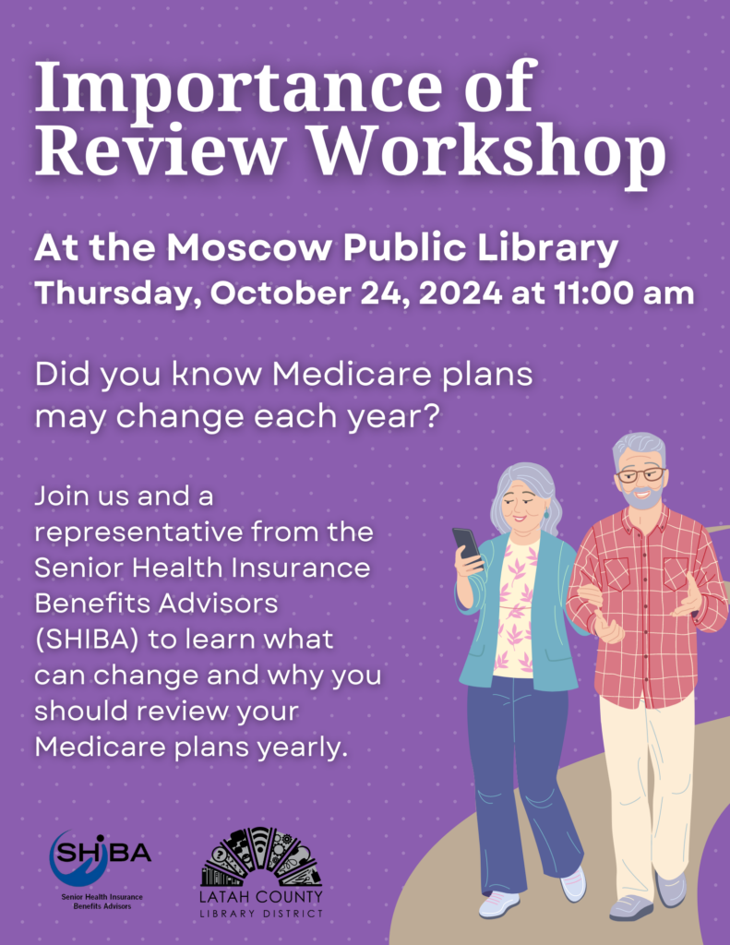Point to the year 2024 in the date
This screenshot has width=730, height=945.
click(x=460, y=293)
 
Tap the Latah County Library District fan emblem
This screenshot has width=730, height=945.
click(x=261, y=856)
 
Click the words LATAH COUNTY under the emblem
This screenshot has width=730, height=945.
click(x=261, y=897)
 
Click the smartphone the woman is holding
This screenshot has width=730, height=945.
click(x=467, y=547)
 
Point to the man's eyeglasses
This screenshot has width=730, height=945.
click(x=640, y=474)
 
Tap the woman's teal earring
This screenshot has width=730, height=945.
click(x=546, y=515)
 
